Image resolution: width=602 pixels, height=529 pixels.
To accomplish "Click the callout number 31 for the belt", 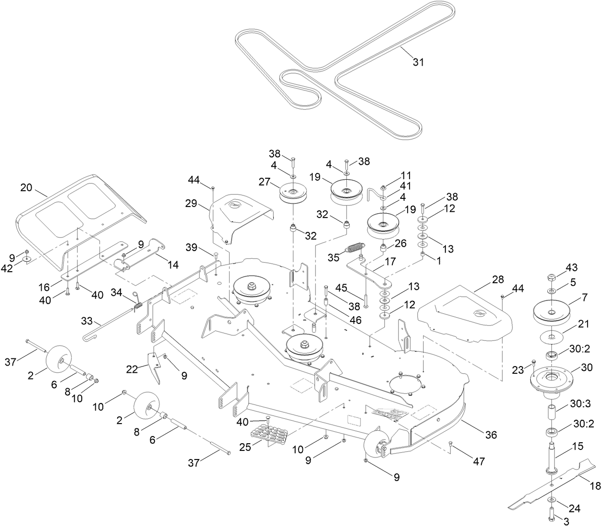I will click(x=418, y=62).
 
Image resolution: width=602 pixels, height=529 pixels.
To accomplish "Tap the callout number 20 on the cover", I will click(x=26, y=188).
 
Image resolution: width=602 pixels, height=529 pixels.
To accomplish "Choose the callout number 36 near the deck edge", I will click(x=491, y=435).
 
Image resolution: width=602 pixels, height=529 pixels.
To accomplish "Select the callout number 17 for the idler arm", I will click(x=390, y=263).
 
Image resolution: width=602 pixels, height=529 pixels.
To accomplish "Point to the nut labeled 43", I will click(x=552, y=277).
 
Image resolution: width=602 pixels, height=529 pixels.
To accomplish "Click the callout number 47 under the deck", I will click(x=479, y=461).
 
